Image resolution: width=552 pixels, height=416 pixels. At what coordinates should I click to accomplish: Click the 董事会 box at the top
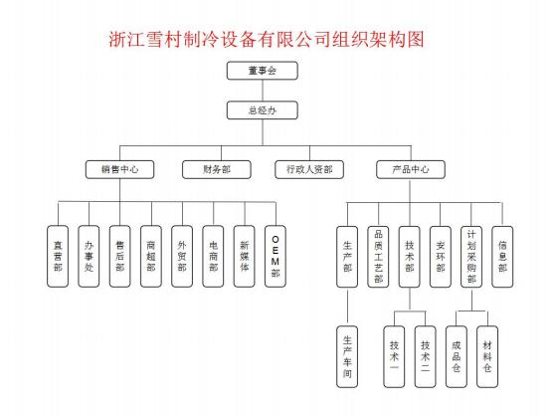(263, 71)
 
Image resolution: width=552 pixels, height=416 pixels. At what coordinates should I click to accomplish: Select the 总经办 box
(263, 110)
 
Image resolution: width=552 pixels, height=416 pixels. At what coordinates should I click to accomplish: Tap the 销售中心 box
(119, 169)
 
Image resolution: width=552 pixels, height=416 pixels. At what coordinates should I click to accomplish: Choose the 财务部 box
(217, 169)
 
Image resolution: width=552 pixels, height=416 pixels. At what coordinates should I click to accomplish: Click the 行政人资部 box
(309, 169)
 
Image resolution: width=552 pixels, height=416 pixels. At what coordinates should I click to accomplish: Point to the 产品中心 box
(411, 169)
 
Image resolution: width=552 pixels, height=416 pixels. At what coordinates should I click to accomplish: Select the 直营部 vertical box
(58, 256)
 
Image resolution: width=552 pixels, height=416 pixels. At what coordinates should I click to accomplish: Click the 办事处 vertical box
(89, 256)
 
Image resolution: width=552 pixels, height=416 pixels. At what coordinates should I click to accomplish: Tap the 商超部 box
(151, 256)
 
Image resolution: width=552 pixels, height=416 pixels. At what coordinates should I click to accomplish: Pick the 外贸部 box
(182, 256)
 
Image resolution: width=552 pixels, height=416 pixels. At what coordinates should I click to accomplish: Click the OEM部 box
(276, 256)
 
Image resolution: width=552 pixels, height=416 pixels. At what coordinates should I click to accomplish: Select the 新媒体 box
(245, 256)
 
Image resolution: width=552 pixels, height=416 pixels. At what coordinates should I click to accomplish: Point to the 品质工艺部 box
(379, 257)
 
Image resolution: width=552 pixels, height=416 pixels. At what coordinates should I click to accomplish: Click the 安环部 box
(441, 257)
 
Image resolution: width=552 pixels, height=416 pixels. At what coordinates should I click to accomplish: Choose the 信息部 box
(502, 257)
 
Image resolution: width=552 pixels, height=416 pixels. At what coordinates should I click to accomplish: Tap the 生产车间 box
(347, 357)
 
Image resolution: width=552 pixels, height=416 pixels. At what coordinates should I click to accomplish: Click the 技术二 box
(426, 357)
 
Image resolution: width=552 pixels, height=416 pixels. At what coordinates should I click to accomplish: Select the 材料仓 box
(487, 357)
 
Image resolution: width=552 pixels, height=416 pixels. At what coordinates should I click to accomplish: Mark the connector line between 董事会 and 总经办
(263, 91)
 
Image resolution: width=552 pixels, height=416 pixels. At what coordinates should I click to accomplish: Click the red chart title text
(267, 39)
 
